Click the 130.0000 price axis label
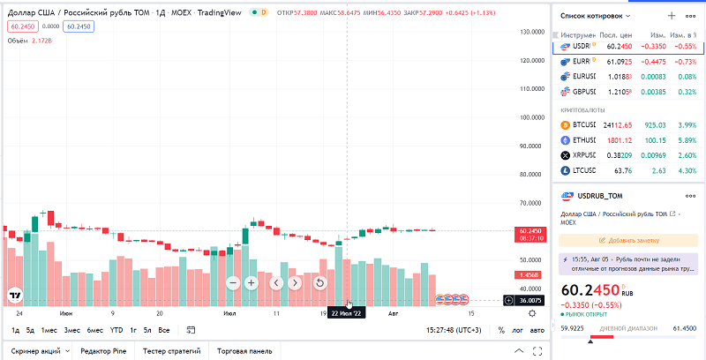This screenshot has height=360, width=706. [x=531, y=32]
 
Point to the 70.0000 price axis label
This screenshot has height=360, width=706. [x=531, y=203]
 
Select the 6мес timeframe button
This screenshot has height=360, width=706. [x=94, y=330]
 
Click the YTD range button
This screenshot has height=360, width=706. [x=116, y=330]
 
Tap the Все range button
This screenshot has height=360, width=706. [x=163, y=330]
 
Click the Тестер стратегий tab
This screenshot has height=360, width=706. [x=173, y=350]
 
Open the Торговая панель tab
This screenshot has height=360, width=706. [x=244, y=350]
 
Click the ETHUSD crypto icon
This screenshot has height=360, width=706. [x=566, y=140]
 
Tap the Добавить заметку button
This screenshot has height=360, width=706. [x=629, y=239]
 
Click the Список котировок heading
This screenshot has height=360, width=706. [x=597, y=16]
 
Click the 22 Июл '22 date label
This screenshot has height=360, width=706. [x=347, y=312]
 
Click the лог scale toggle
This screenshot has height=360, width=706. [x=518, y=330]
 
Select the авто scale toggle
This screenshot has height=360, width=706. [x=537, y=330]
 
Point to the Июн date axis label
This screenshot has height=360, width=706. [x=66, y=312]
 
